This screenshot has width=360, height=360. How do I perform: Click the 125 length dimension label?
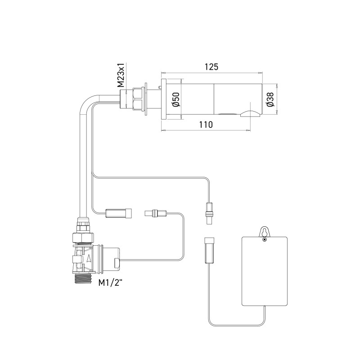pos(211,67)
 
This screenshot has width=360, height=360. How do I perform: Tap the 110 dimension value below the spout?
pos(206,126)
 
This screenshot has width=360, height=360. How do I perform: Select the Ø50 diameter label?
pos(175,99)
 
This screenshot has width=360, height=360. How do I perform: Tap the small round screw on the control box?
pos(265,239)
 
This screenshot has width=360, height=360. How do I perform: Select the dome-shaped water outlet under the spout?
pos(249,113)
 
